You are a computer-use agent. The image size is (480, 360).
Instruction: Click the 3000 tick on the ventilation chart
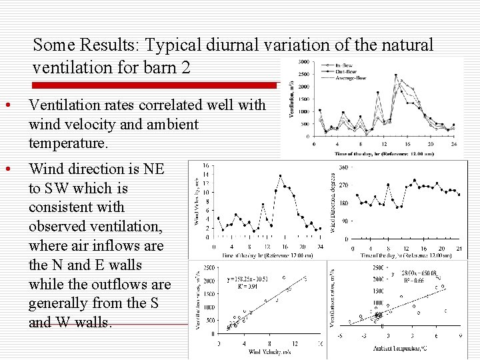[x=303, y=62]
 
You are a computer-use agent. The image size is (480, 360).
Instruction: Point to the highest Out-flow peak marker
[x=396, y=75]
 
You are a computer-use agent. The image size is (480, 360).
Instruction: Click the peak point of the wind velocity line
[x=280, y=176]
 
